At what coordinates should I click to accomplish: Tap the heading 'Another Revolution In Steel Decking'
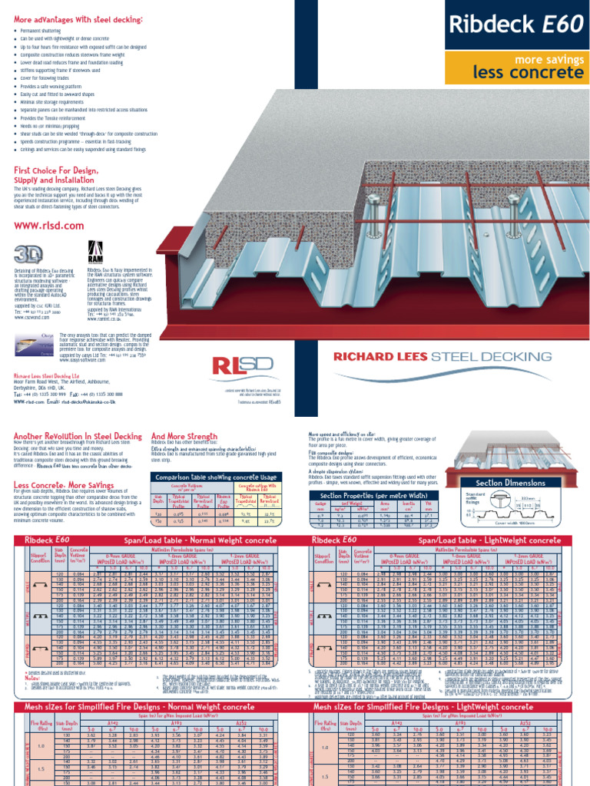click(x=78, y=435)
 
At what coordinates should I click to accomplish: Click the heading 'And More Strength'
click(x=184, y=435)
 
